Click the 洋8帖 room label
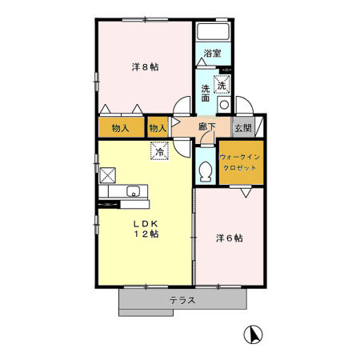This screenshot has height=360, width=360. [x=145, y=66]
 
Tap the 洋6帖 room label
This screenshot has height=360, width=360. [x=229, y=238]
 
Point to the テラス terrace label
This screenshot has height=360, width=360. [x=182, y=301]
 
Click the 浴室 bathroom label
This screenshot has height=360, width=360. [x=212, y=54]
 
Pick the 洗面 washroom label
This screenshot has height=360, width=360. [x=206, y=94]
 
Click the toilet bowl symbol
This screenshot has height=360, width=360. [x=206, y=170]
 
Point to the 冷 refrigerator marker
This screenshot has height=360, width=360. [x=159, y=150]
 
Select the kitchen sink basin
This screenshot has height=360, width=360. [x=134, y=191]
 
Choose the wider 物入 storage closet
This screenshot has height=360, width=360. [x=121, y=128]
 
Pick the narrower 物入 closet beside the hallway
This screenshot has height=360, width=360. [x=158, y=128]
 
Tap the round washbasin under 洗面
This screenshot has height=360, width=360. [x=224, y=104]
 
